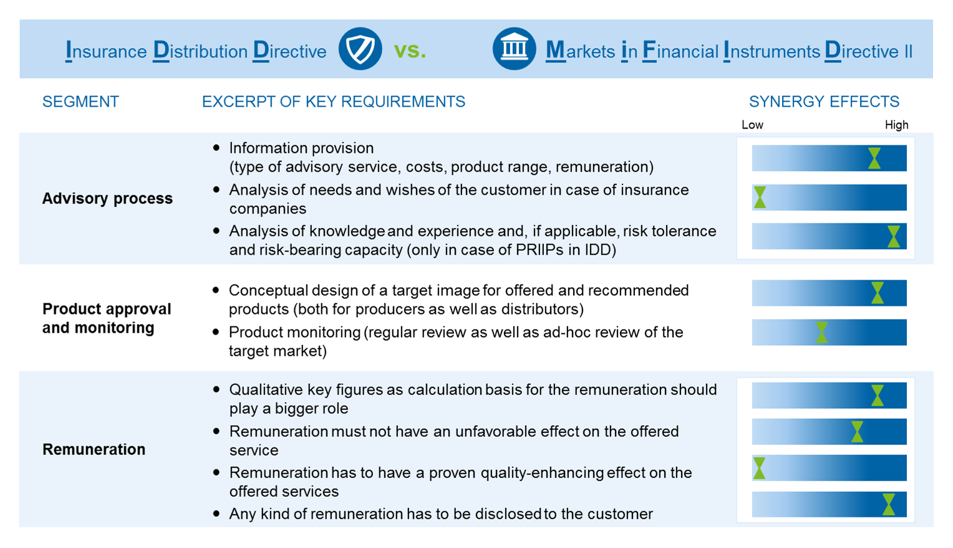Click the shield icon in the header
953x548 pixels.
360,49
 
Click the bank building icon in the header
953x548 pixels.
514,49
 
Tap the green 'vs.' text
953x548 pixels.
410,51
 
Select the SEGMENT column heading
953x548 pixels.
80,102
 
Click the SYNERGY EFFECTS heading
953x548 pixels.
824,102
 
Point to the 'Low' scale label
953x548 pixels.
752,125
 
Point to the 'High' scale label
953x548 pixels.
896,125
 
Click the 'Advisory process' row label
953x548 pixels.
107,198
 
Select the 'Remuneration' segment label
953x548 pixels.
94,449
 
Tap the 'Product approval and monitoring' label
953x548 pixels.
107,318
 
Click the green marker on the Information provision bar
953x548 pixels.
874,159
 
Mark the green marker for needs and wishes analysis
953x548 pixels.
760,197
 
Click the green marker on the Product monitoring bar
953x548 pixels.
821,332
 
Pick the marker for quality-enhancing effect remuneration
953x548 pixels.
760,468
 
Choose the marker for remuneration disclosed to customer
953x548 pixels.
889,504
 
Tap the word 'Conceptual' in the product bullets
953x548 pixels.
268,291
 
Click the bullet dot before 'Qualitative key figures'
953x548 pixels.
216,389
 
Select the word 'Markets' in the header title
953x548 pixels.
580,51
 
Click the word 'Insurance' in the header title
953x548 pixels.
107,51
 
